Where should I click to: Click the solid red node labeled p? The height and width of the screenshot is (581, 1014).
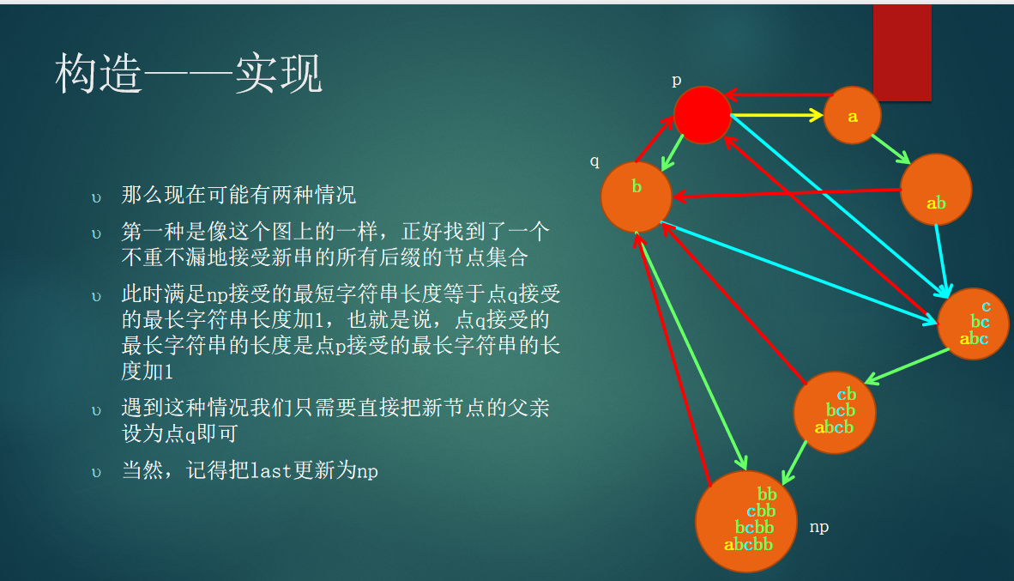pos(703,115)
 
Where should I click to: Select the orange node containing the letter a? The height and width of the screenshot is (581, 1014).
pos(853,115)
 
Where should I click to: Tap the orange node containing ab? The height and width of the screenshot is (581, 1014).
pos(936,190)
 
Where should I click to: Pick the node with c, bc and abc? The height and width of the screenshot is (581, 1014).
pos(974,324)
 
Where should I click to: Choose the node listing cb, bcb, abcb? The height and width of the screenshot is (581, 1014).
pos(834,412)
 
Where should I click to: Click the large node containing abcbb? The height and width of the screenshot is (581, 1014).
pos(746,522)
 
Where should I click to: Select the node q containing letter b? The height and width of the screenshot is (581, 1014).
pos(637,197)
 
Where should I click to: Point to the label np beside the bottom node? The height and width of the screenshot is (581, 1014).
pos(818,527)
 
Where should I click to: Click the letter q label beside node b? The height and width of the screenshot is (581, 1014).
pos(595,160)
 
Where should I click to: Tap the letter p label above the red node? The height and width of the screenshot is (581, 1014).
pos(677,80)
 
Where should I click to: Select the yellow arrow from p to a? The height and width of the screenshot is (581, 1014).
pos(776,116)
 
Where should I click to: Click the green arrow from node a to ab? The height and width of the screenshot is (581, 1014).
pos(890,148)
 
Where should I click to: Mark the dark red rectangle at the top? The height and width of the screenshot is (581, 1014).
pos(902,52)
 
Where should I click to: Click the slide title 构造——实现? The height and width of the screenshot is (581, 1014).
pos(188,73)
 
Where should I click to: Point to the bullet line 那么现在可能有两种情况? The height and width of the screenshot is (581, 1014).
pos(238,195)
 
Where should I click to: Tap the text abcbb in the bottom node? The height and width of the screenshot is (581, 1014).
pos(748,545)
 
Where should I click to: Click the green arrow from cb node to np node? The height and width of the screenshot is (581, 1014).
pos(794,463)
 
